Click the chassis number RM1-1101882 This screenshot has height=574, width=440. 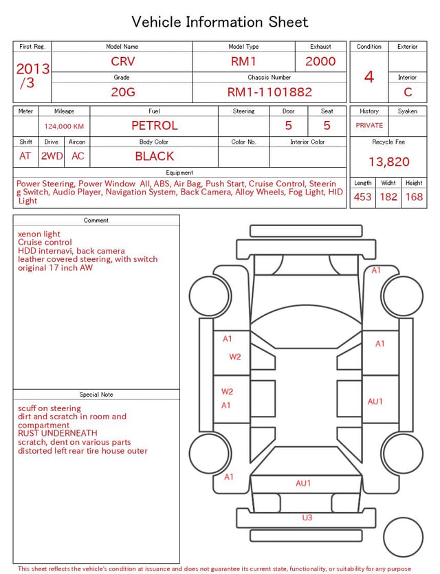coord(269,92)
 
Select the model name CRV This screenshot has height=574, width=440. coord(123,61)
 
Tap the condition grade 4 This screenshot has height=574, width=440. coord(369,77)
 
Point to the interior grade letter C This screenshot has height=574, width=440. coord(408,92)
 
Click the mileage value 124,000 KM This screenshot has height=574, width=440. coord(64,126)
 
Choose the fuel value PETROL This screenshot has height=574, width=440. coord(155,126)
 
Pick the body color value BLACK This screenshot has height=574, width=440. coord(155,156)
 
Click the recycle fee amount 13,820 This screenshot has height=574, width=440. coord(388,162)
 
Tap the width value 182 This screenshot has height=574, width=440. coord(388,197)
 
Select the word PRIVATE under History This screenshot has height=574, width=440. coord(369,125)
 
